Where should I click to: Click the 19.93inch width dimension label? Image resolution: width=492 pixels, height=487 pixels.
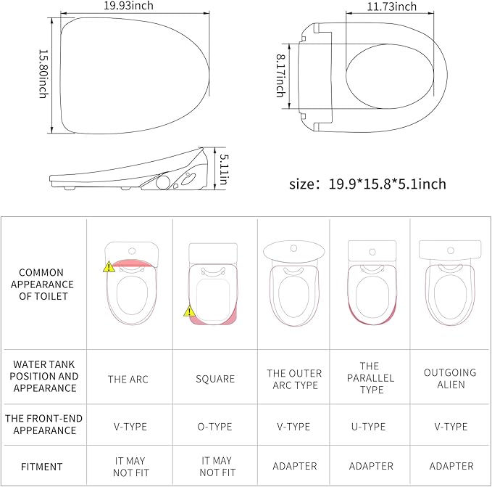point(128,6)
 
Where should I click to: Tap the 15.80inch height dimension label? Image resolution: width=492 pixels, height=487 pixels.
point(43,74)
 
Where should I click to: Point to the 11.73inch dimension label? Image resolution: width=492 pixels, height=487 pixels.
point(391,7)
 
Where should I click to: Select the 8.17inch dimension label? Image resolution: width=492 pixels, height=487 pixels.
point(281,75)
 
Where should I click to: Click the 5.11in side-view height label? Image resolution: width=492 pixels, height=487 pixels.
point(224,168)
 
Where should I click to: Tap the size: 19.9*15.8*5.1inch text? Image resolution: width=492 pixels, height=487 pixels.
point(367,184)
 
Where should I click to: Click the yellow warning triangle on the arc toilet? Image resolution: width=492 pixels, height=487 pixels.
point(109,267)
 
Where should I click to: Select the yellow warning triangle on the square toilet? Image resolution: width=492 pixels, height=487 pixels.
point(189,311)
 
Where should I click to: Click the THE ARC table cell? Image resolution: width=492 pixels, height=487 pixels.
point(128,380)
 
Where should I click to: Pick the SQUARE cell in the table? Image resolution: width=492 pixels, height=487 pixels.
point(215,379)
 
